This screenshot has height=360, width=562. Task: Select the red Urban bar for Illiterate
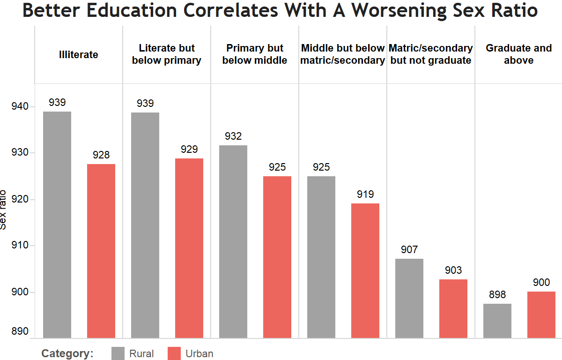click(101, 250)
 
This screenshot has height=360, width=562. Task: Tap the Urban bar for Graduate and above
click(541, 314)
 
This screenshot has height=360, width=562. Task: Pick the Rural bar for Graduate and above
click(497, 321)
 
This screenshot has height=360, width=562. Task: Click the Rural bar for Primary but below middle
click(233, 241)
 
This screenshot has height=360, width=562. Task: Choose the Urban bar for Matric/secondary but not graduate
click(453, 308)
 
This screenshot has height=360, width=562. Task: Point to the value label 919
click(365, 194)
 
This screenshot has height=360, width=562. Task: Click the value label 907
click(409, 249)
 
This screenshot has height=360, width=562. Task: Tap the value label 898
click(497, 294)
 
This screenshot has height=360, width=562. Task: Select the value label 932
click(233, 136)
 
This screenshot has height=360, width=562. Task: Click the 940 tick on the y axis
click(20, 107)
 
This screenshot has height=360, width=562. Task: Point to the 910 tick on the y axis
click(20, 246)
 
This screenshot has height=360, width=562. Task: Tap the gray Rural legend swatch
click(118, 353)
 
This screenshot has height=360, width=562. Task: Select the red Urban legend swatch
click(174, 353)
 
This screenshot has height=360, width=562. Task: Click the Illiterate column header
click(79, 54)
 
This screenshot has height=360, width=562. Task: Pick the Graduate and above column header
click(519, 54)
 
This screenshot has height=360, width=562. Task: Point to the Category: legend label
click(67, 353)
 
